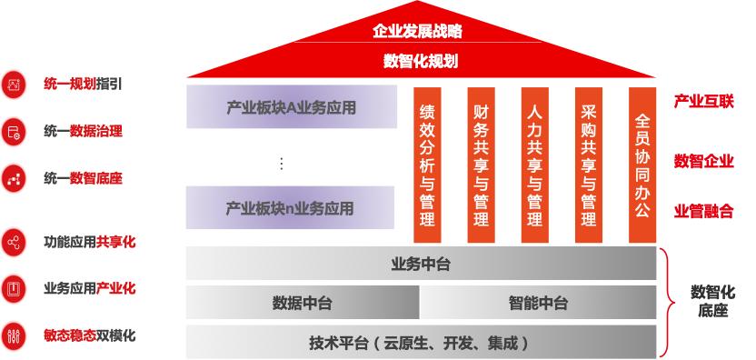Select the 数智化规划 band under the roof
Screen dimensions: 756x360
pos(420,62)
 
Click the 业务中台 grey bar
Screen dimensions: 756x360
pos(421,265)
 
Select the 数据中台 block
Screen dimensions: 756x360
pos(302,303)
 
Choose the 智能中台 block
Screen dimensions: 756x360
pos(538,303)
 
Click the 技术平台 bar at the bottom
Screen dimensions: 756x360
pos(421,343)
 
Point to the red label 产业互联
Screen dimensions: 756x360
pos(703,101)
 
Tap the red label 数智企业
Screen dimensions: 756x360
pos(703,161)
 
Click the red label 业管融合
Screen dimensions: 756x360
pos(703,212)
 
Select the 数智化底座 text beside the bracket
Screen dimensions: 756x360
pos(712,302)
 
